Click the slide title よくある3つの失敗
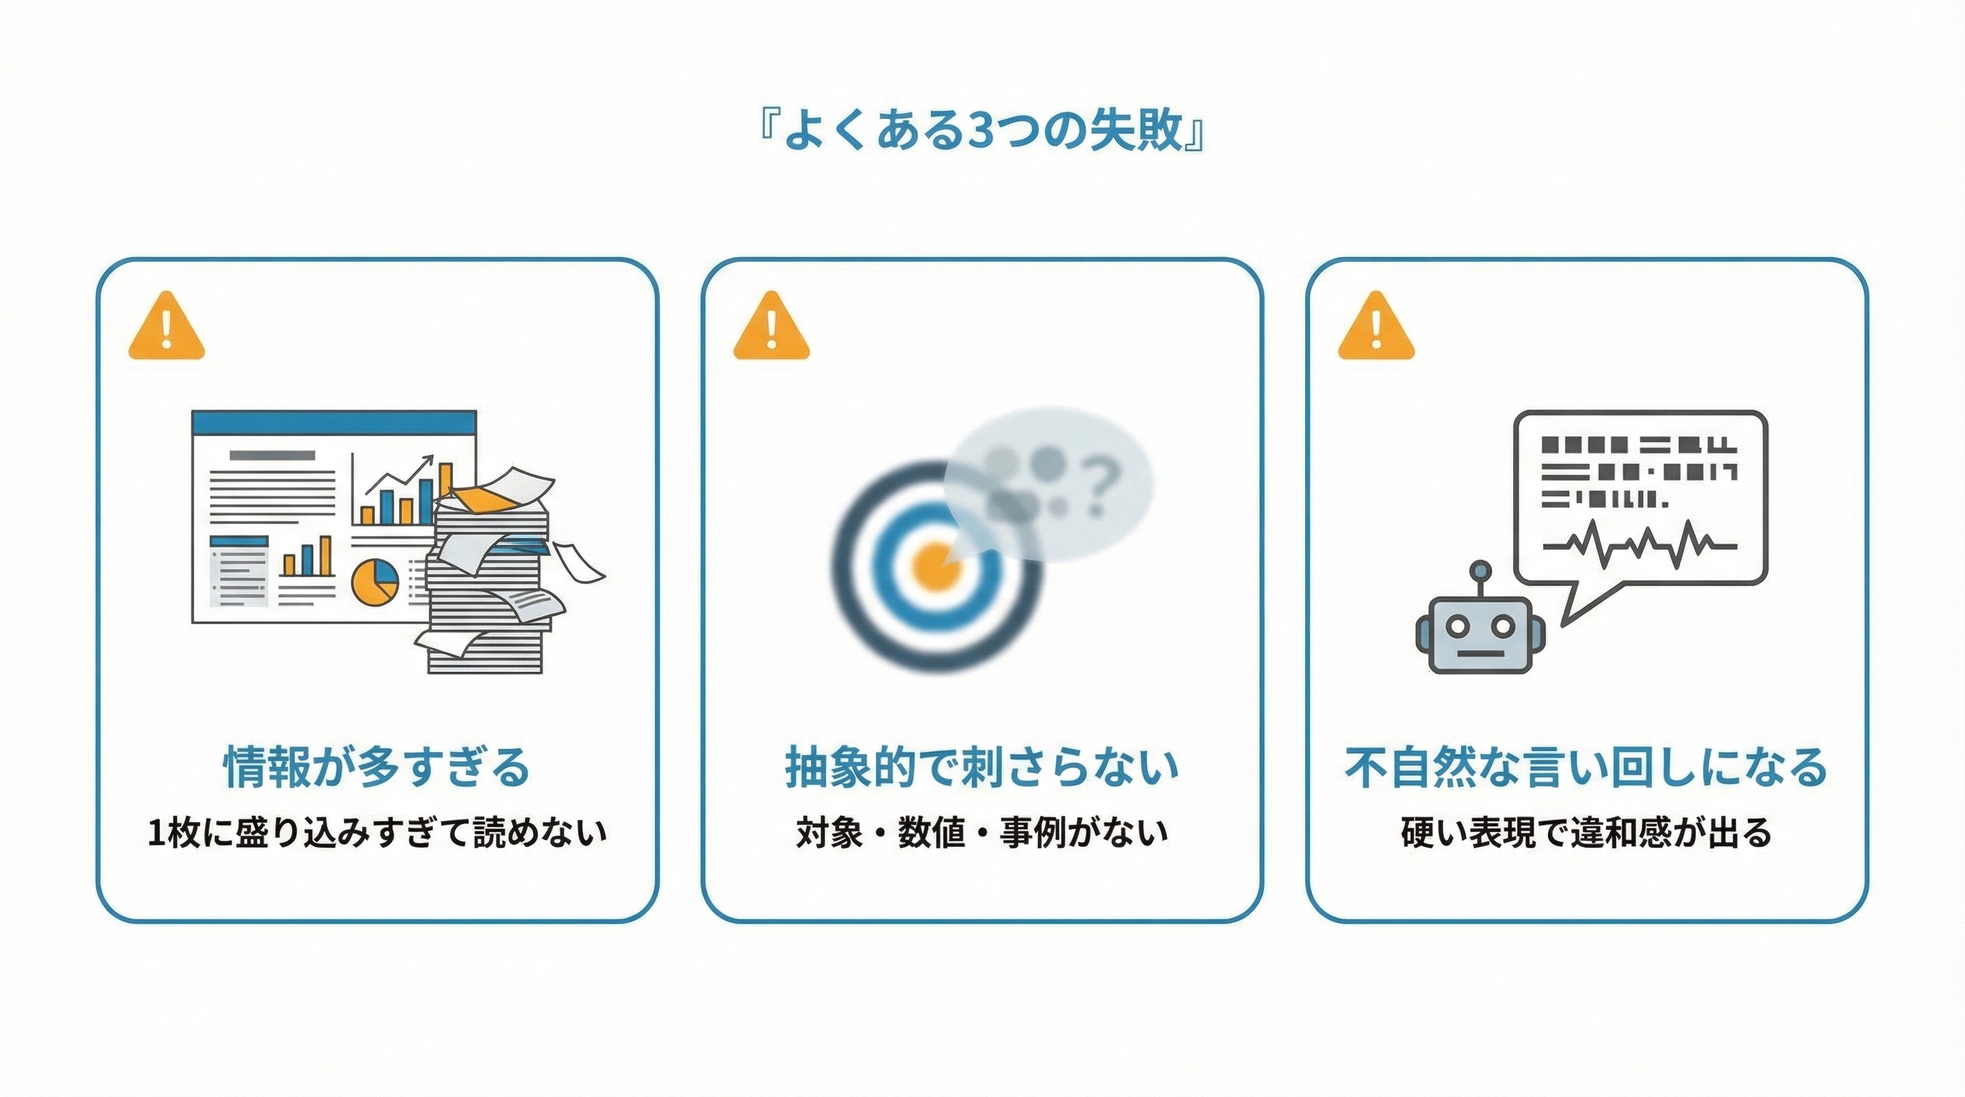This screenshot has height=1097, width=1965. (x=982, y=131)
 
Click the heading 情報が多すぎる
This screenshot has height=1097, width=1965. (x=376, y=766)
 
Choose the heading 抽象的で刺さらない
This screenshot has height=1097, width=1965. (x=982, y=766)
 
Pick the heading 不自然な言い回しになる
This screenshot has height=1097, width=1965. (x=1586, y=766)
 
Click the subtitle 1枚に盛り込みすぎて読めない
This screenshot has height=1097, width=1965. (x=376, y=832)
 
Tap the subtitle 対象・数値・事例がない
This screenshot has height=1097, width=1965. (x=982, y=832)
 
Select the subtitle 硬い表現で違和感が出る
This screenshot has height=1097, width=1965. (x=1586, y=832)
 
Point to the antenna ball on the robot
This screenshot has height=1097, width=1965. (x=1480, y=569)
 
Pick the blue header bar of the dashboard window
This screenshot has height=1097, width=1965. (x=334, y=422)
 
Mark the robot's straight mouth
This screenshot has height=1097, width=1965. (x=1480, y=653)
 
